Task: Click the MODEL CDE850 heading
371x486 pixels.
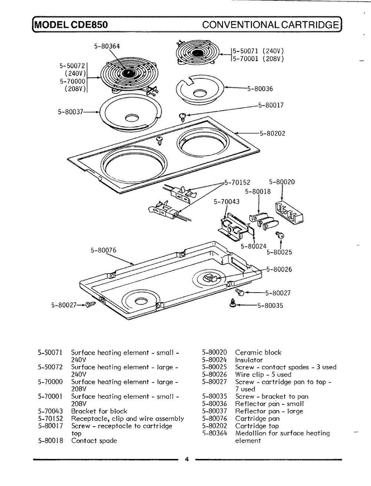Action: point(71,25)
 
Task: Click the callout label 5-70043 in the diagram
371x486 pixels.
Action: point(227,202)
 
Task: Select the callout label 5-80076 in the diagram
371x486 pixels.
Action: point(104,250)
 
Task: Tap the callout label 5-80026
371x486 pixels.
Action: point(279,270)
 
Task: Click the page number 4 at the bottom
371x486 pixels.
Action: point(187,460)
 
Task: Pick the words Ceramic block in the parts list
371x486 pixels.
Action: point(258,352)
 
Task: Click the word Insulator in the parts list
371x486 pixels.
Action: point(249,360)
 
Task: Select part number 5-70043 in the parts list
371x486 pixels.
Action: point(50,411)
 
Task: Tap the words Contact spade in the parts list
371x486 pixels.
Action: point(94,441)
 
